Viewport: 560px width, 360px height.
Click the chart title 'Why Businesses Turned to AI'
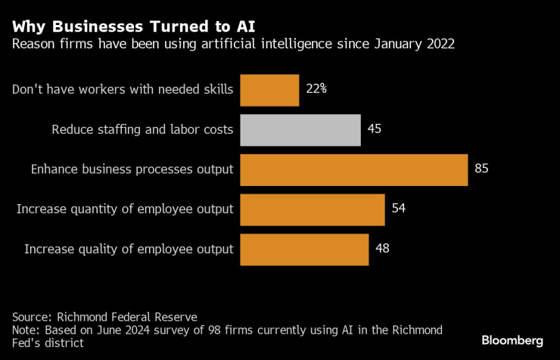coord(133,26)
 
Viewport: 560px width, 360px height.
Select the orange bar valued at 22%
coord(269,89)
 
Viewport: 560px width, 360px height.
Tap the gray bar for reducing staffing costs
coord(300,129)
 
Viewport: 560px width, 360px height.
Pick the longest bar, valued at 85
coord(353,169)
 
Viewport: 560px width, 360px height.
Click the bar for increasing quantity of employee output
coord(312,209)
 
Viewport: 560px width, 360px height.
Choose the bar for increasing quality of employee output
coord(304,249)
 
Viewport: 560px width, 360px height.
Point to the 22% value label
coord(316,89)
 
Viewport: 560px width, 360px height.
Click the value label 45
coord(374,129)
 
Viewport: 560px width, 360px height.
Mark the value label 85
coord(481,169)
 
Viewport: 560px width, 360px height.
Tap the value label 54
coord(399,209)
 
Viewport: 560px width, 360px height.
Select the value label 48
coord(383,249)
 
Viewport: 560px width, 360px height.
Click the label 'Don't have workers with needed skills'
coord(123,89)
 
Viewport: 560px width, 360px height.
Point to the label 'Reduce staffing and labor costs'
coord(142,129)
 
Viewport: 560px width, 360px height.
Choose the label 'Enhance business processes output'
coord(132,169)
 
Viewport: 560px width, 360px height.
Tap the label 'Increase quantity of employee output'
coord(125,209)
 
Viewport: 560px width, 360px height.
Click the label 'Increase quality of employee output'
coord(129,249)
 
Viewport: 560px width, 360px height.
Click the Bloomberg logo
coord(512,341)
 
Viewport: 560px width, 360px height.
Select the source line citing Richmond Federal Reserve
coord(105,317)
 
